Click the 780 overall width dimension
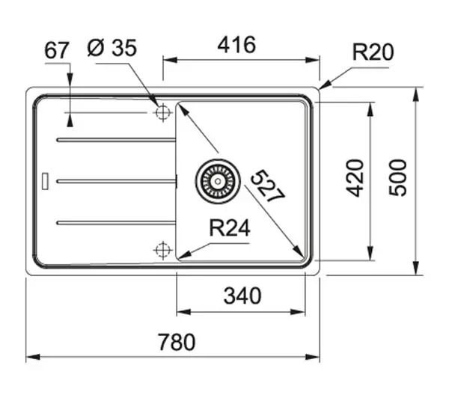[x=177, y=342]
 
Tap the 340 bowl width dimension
[x=242, y=296]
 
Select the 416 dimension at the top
[x=236, y=45]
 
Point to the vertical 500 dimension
[x=398, y=177]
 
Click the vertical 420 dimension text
[x=355, y=178]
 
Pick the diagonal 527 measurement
[x=268, y=186]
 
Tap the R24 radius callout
[x=230, y=228]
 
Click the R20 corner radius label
[x=373, y=52]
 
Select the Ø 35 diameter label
[x=112, y=48]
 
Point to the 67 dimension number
[x=57, y=50]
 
